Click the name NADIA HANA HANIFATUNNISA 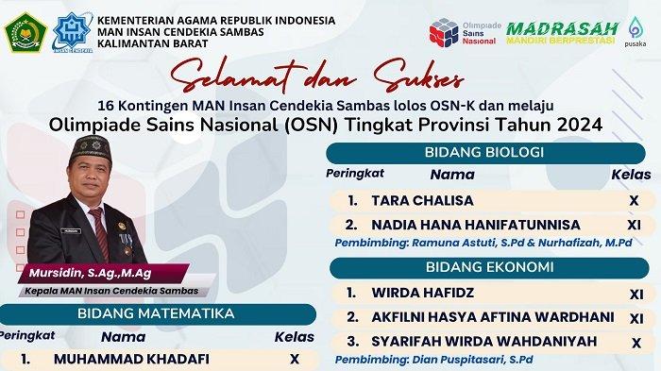pos(475,225)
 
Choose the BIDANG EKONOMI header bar pos(488,267)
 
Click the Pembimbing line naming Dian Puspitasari pos(434,362)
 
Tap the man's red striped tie pos(98,227)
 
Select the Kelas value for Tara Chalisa pos(635,201)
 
